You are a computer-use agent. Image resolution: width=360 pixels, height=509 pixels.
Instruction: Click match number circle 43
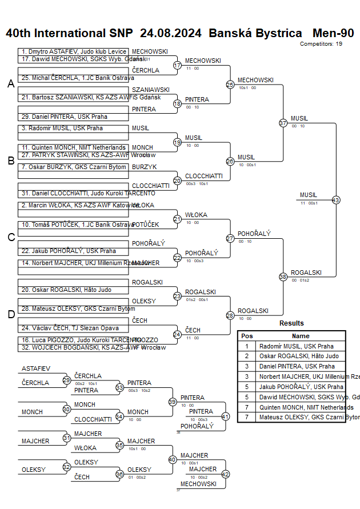click(335, 200)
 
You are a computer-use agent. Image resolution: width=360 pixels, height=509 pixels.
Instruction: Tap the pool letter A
click(11, 84)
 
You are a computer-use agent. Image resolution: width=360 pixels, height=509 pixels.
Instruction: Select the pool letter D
click(11, 314)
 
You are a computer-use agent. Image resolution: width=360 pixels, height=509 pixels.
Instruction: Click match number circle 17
click(177, 65)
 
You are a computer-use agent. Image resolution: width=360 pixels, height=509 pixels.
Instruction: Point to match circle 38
click(283, 276)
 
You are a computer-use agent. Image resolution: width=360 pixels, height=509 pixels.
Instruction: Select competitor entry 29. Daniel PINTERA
click(64, 117)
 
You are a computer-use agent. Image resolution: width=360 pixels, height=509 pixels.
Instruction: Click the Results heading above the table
click(291, 323)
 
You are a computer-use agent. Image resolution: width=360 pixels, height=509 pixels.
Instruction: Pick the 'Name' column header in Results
click(301, 336)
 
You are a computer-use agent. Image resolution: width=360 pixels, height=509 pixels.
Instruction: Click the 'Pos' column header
click(247, 336)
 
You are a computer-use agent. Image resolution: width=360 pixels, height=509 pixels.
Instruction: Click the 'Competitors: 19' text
click(321, 43)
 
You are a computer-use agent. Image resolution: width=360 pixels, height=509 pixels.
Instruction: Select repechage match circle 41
click(225, 416)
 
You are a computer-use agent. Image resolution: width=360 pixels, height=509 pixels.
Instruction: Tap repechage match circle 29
click(66, 380)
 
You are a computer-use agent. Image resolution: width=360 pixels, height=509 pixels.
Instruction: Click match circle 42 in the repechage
click(225, 474)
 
